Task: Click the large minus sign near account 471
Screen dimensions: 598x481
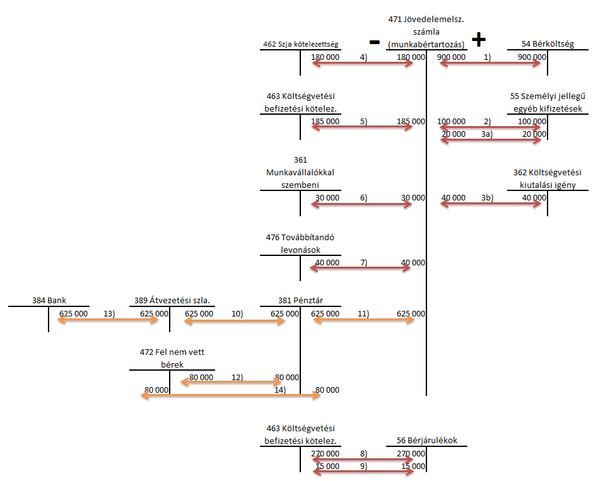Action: (x=375, y=42)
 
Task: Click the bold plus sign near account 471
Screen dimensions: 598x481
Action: (x=479, y=39)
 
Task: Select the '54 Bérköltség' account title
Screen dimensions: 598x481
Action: (x=548, y=44)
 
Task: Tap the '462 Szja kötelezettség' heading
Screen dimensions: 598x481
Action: (x=300, y=44)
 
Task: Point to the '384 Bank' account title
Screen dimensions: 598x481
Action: (x=49, y=300)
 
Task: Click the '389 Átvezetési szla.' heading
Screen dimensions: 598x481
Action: (x=172, y=300)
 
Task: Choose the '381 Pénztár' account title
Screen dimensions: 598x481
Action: (x=300, y=300)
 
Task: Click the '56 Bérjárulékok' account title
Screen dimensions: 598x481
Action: (x=427, y=440)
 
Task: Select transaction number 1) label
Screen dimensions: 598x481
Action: (x=488, y=57)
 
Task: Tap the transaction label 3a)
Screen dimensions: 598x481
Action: (x=487, y=134)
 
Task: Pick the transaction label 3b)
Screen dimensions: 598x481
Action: (x=488, y=198)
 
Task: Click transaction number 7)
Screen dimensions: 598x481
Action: (x=364, y=263)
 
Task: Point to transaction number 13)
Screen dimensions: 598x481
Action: (x=109, y=314)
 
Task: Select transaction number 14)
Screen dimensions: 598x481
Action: (x=280, y=390)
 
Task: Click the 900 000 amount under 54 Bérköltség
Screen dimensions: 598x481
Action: (x=532, y=57)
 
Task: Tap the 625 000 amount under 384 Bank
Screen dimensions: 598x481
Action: (x=73, y=314)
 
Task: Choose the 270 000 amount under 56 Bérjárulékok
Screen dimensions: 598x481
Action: (x=411, y=453)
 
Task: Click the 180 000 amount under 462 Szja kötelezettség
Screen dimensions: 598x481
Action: (x=325, y=57)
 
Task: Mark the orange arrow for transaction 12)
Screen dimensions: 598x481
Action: (x=231, y=382)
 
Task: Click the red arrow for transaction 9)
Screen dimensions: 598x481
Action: (x=363, y=472)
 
